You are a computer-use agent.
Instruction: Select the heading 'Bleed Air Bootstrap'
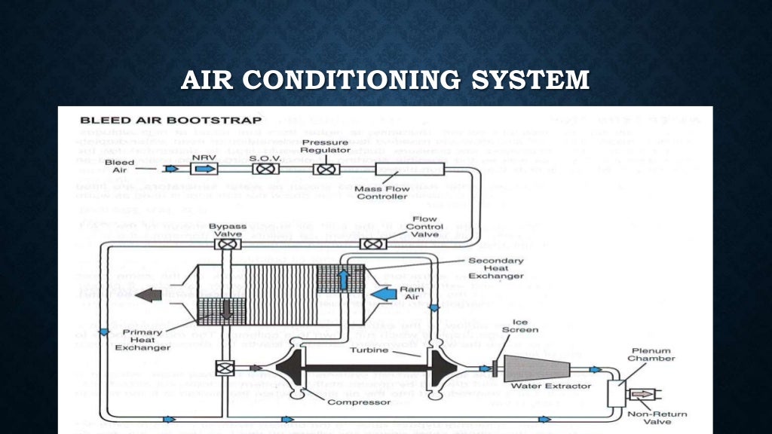[x=170, y=120]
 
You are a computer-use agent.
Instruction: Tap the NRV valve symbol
[x=204, y=169]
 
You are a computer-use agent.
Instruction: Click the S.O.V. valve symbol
[x=265, y=169]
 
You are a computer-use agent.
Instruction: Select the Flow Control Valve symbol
[x=372, y=243]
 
